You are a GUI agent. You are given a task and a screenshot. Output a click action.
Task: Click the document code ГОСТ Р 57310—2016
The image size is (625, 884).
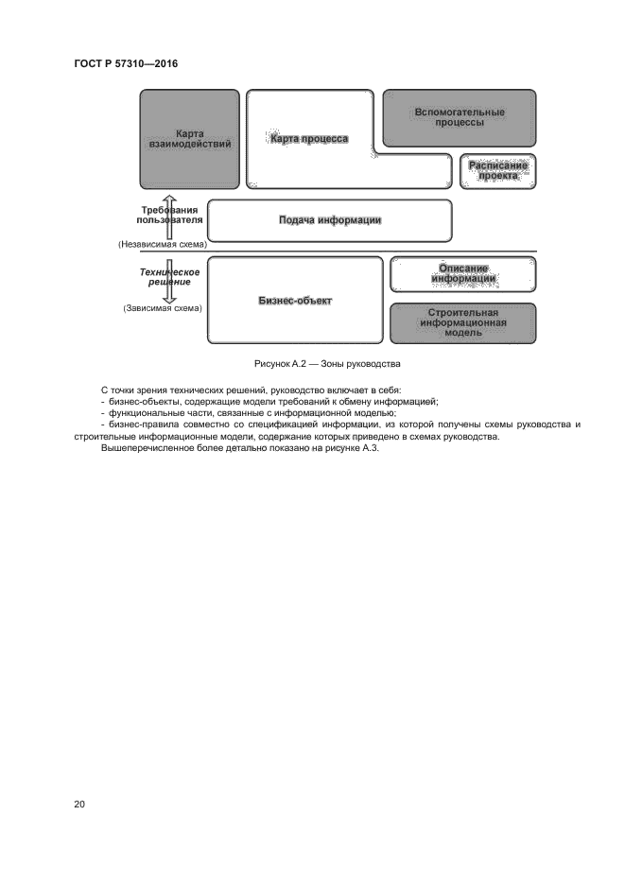[x=125, y=63]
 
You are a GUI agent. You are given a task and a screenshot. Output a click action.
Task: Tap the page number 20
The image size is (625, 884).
[x=79, y=804]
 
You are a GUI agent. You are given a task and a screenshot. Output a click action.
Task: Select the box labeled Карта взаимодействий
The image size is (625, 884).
[x=189, y=139]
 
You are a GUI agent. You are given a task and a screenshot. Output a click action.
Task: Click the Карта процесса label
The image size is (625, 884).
[x=309, y=139]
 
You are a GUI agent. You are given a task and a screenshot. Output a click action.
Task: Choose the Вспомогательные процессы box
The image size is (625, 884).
[x=460, y=117]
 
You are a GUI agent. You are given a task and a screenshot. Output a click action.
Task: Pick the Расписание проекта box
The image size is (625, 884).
[x=498, y=171]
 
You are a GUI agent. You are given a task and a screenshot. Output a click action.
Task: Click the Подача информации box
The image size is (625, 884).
[x=329, y=220]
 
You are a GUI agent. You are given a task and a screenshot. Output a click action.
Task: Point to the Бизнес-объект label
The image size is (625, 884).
[x=296, y=301]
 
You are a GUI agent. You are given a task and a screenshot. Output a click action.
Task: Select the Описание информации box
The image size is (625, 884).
[x=463, y=273]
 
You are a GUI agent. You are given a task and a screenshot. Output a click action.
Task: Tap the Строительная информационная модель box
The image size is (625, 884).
[x=463, y=322]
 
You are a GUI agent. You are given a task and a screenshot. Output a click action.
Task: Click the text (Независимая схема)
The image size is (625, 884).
[x=163, y=244]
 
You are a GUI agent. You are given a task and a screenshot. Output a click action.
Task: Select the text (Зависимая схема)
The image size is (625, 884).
[x=163, y=308]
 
